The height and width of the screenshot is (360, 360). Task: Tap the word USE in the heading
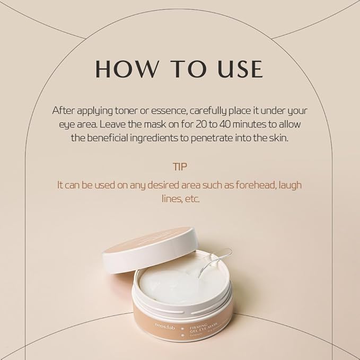pyautogui.click(x=234, y=69)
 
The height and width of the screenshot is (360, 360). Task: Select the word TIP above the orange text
pyautogui.click(x=180, y=166)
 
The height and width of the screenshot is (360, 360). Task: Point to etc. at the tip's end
pyautogui.click(x=193, y=199)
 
